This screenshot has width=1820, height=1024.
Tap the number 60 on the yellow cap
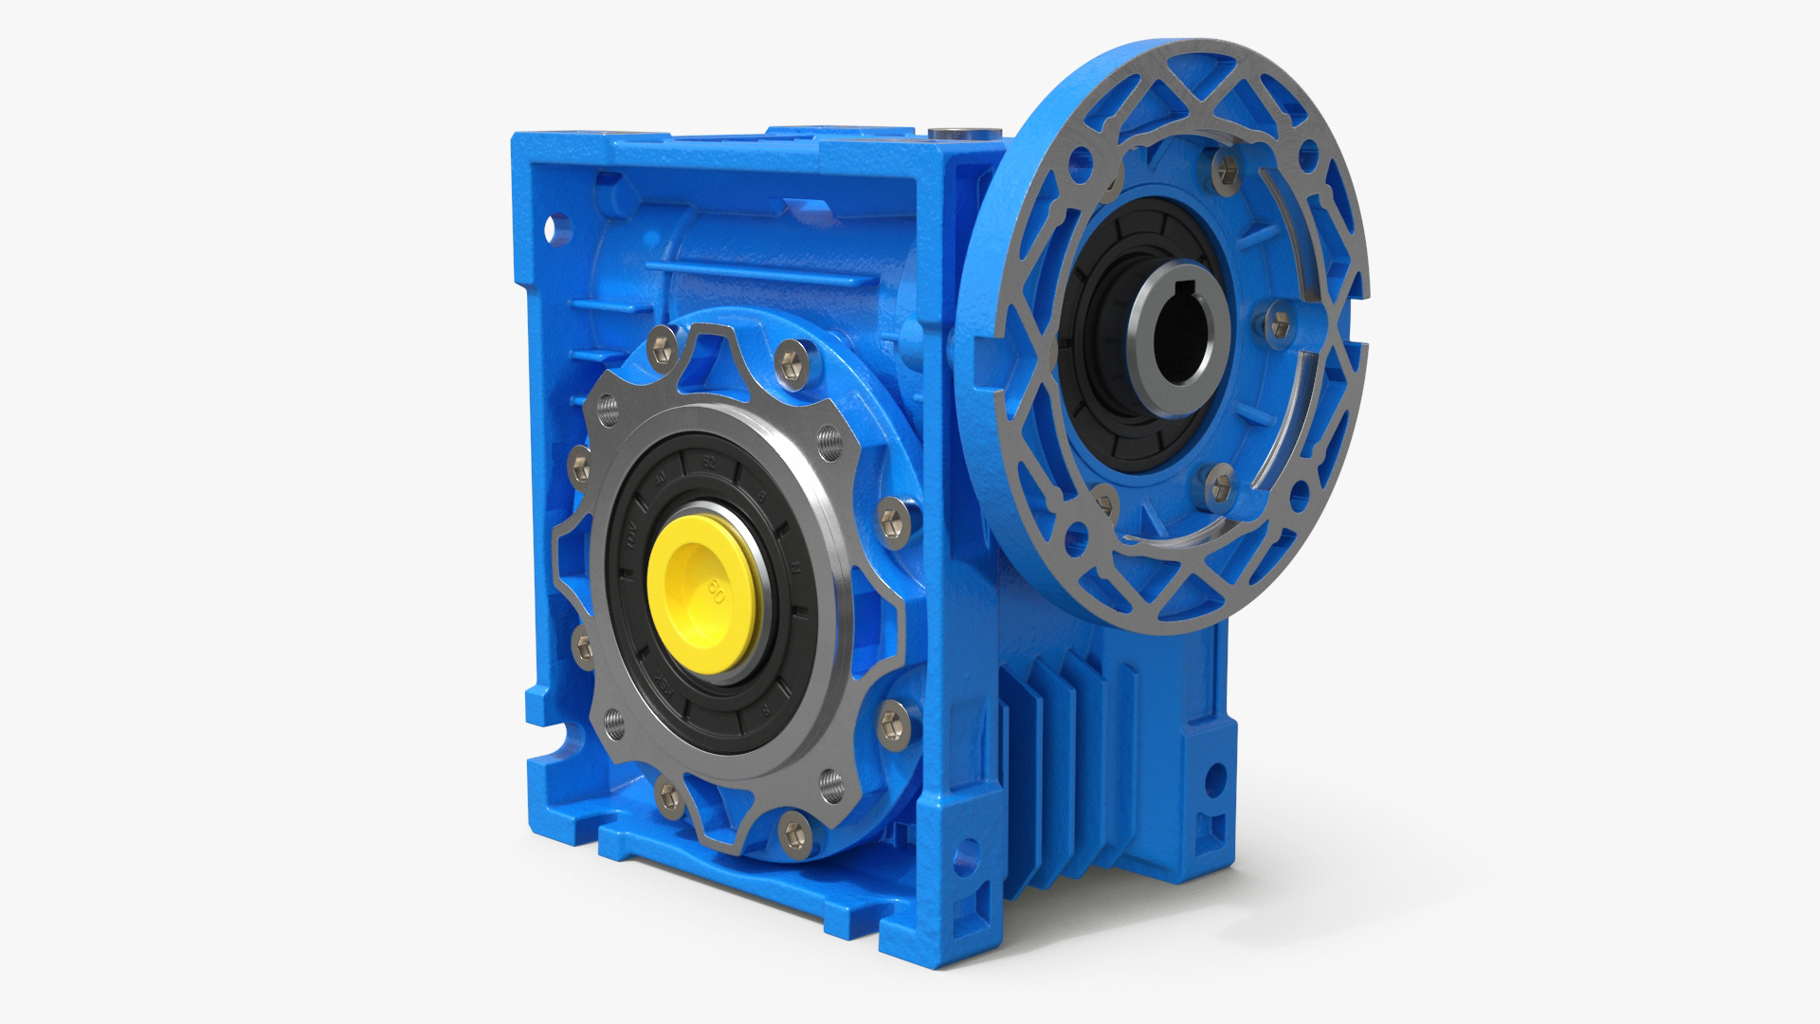pos(717,594)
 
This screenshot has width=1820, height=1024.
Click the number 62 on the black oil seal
pos(707,466)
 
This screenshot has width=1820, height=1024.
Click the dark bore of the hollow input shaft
pos(1175,327)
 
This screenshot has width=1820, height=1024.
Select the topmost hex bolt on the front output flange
pos(788,359)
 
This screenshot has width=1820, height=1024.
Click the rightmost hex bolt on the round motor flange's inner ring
pos(1278,321)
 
